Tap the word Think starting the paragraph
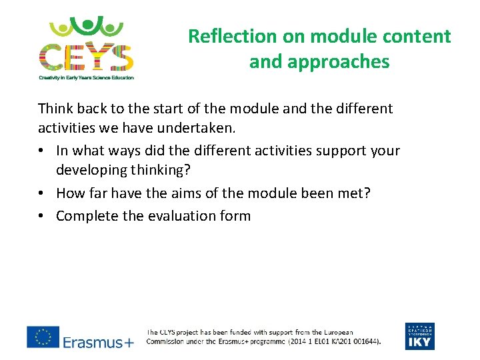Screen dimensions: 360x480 [55, 109]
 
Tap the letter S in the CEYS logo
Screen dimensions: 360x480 [121, 57]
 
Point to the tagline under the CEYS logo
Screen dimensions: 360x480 [86, 77]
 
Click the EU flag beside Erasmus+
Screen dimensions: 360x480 [43, 337]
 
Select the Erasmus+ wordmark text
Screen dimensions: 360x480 [98, 343]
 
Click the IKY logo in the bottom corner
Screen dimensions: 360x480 [419, 337]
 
